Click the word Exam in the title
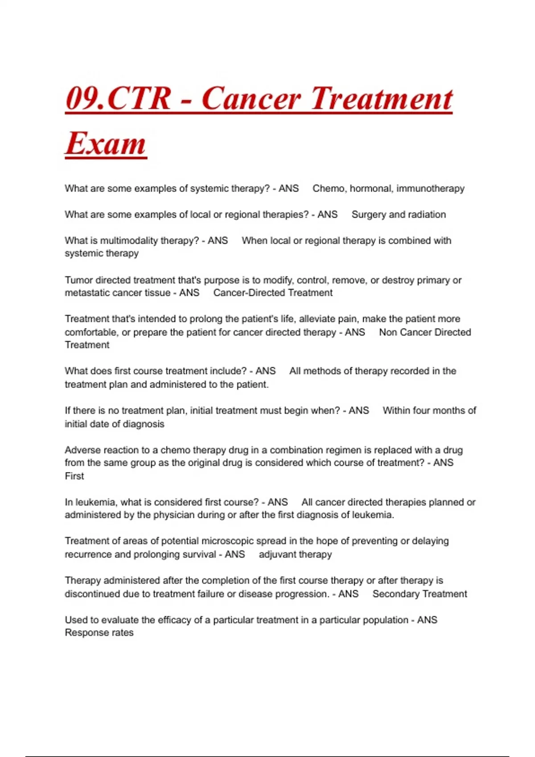click(x=106, y=143)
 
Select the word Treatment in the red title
click(x=382, y=98)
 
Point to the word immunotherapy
click(x=430, y=188)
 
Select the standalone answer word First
click(x=74, y=476)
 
